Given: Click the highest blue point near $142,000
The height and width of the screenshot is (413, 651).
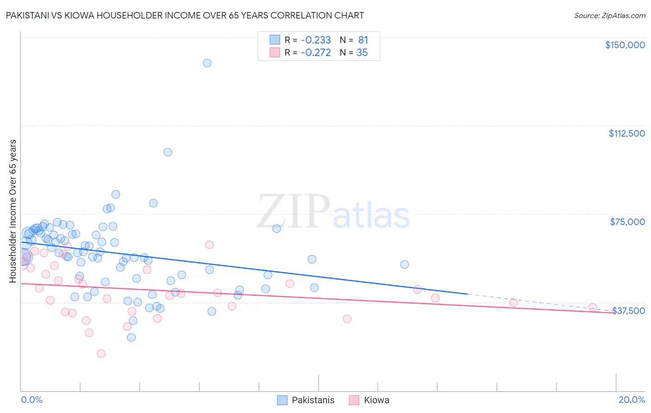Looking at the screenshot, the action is click(x=207, y=63).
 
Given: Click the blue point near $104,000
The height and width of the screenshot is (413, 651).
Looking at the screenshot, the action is click(x=168, y=152).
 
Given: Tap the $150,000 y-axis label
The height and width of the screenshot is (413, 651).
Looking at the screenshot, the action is click(x=625, y=45).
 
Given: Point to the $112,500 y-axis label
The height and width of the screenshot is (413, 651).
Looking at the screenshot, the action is click(x=626, y=133).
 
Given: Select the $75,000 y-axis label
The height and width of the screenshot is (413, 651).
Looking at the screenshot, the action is click(x=627, y=222).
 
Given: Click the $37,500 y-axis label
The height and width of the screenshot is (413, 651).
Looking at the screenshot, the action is click(x=628, y=311).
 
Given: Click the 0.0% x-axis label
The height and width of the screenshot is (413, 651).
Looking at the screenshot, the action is click(x=31, y=400).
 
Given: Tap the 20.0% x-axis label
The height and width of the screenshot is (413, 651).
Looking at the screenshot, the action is click(x=632, y=400).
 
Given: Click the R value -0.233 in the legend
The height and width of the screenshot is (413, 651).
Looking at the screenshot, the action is click(x=316, y=40).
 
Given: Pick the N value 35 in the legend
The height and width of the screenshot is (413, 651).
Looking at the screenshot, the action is click(x=362, y=53).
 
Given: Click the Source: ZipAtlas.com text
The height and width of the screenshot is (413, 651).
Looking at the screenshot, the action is click(x=609, y=15).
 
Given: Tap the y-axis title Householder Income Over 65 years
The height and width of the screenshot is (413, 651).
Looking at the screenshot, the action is click(x=13, y=211).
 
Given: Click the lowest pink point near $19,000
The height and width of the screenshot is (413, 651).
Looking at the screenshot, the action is click(x=101, y=354).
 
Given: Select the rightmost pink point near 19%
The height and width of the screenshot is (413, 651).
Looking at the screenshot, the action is click(x=592, y=307).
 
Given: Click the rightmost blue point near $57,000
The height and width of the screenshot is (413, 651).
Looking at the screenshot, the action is click(x=404, y=264).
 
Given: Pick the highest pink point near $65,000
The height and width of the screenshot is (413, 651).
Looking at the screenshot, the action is click(x=209, y=245).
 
